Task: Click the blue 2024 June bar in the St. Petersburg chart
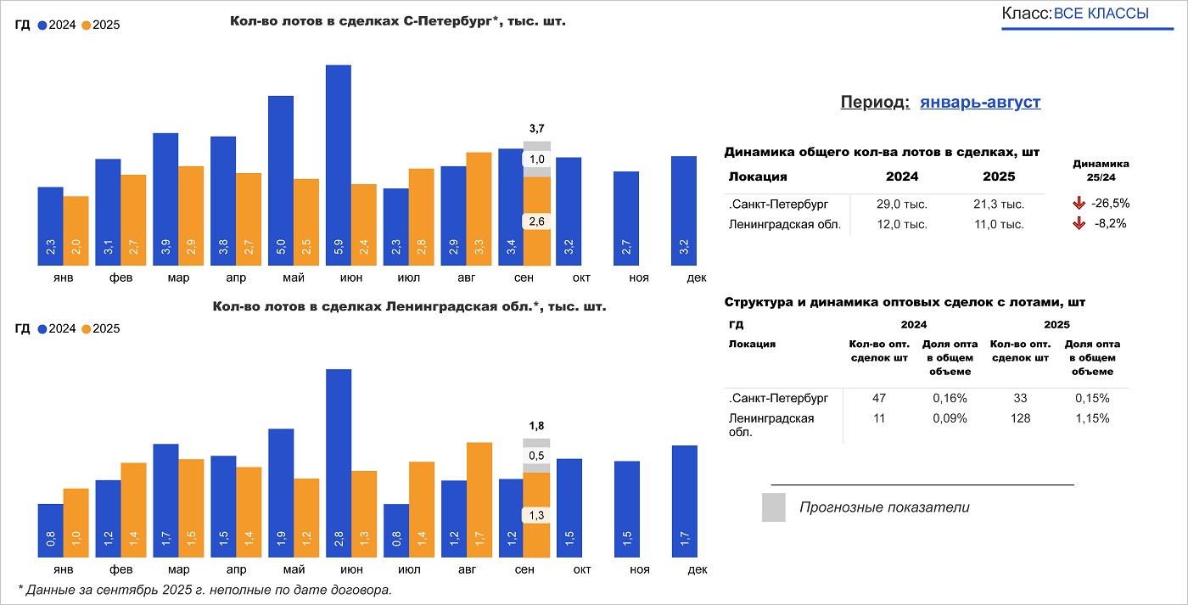tap(339, 161)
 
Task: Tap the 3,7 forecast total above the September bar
tap(536, 128)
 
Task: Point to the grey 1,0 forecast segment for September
tap(536, 160)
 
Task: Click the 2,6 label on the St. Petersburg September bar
tap(536, 221)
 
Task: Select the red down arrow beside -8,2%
tap(1079, 224)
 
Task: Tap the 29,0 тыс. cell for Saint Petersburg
tap(901, 204)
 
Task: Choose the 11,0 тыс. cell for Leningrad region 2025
tap(1000, 225)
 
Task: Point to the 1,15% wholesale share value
tap(1092, 418)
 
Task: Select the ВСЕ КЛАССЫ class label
tap(1101, 14)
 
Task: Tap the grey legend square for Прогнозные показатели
tap(773, 507)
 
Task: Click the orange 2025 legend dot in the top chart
tap(86, 25)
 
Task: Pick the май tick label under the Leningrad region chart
tap(294, 569)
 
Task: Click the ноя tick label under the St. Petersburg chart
tap(626, 277)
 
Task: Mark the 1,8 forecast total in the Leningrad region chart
tap(536, 426)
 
